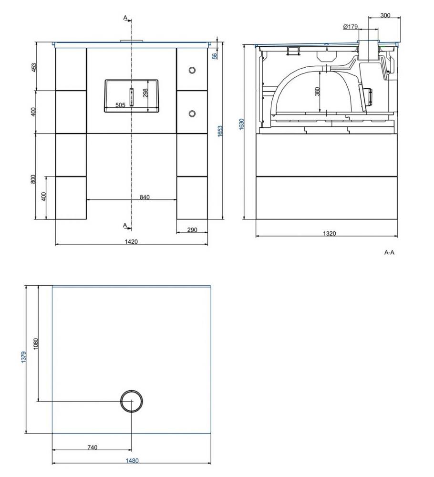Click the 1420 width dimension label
[x=131, y=242]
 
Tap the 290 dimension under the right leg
[x=192, y=230]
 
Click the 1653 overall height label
[x=220, y=132]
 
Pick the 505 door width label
[x=120, y=105]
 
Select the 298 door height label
[x=145, y=92]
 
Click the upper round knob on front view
[x=192, y=70]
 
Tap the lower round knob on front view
[x=192, y=114]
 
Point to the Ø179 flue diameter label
[x=350, y=27]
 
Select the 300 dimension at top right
[x=385, y=16]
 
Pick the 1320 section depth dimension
[x=329, y=233]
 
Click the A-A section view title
[x=389, y=252]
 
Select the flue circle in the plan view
[x=132, y=401]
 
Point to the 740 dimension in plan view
[x=92, y=447]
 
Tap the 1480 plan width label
[x=132, y=461]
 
